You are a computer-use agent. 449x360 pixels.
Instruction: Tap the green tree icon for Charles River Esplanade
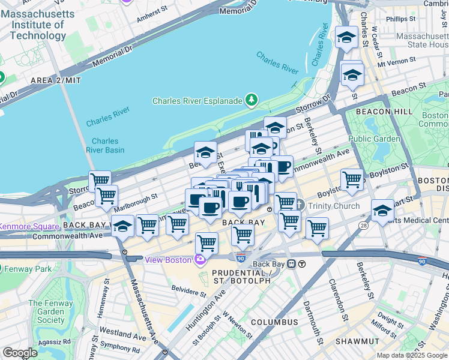coord(253,100)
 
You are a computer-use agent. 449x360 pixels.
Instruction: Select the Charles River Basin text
coord(105,146)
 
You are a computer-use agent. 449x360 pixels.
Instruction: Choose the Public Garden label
coord(374,139)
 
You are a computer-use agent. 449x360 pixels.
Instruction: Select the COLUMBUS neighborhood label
coord(274,322)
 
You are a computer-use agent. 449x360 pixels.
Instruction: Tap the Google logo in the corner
coord(20,353)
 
